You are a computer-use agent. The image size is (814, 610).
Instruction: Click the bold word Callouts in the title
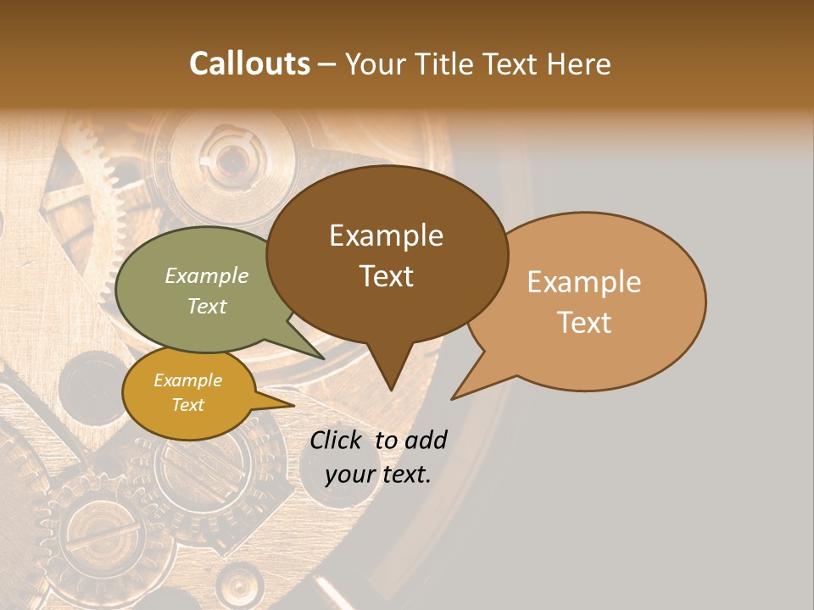pyautogui.click(x=249, y=64)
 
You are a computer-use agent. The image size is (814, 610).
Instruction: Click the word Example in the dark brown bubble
pyautogui.click(x=386, y=236)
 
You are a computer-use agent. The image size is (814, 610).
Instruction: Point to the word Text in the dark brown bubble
pyautogui.click(x=387, y=276)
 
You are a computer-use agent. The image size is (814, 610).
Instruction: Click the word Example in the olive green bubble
pyautogui.click(x=207, y=275)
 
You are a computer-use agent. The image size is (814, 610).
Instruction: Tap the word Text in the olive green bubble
pyautogui.click(x=207, y=306)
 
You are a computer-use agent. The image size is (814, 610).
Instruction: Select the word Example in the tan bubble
pyautogui.click(x=584, y=282)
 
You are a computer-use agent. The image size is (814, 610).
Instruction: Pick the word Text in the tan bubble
pyautogui.click(x=585, y=323)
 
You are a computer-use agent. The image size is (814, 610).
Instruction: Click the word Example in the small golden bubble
pyautogui.click(x=188, y=380)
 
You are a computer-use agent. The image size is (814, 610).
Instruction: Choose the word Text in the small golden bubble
pyautogui.click(x=188, y=405)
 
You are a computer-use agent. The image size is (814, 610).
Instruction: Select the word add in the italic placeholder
pyautogui.click(x=425, y=440)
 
